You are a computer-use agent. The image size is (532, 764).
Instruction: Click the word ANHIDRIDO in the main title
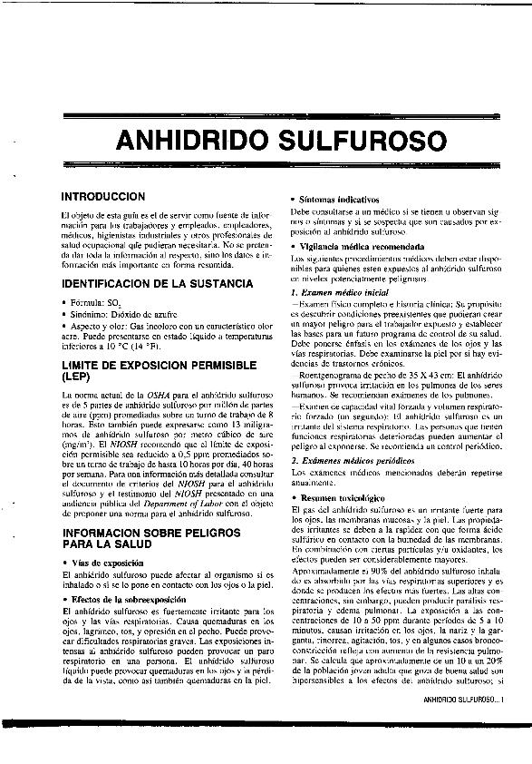point(191,142)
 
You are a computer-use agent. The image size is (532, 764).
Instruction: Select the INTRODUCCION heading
point(102,196)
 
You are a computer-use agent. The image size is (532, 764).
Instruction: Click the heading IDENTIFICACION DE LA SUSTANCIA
point(156,284)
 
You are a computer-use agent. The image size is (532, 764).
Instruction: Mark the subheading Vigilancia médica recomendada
point(355,246)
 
